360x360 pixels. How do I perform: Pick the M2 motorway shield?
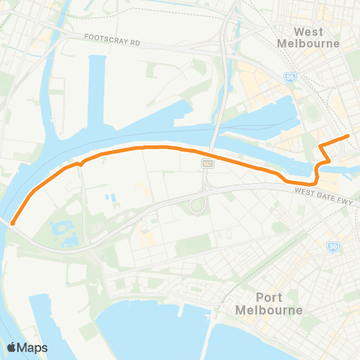point(205,163)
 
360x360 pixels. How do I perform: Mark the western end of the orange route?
point(13,221)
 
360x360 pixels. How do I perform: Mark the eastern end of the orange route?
point(348,136)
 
